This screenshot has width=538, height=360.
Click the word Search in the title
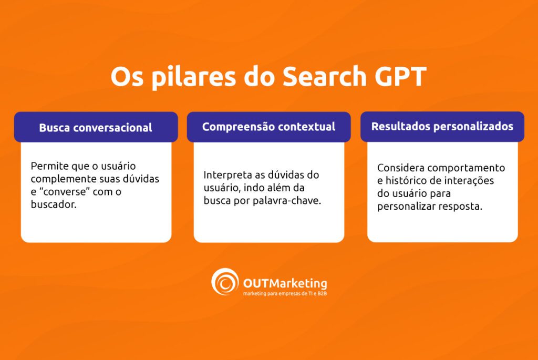322,77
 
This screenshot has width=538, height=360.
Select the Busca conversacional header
96,127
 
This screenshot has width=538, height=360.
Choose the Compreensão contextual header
268,127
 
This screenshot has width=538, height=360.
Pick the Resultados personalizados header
442,126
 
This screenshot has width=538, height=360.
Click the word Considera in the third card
400,168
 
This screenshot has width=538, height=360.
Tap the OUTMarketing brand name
285,284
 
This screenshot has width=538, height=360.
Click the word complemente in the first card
59,179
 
